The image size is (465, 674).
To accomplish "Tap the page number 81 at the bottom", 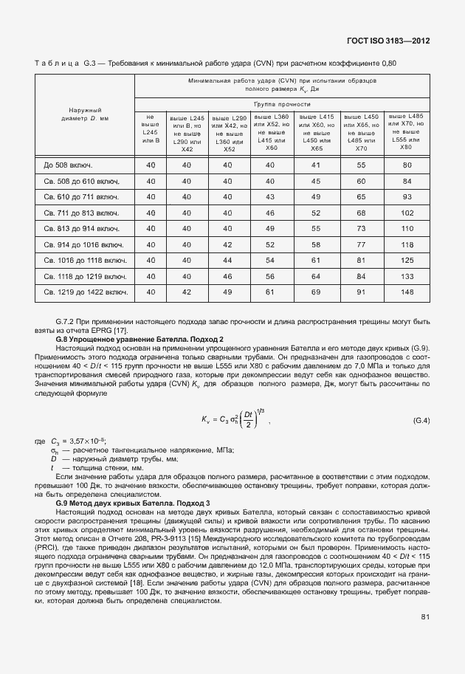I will pos(425,616).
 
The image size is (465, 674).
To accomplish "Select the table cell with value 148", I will pos(406,292).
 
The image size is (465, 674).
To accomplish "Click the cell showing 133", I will pos(406,276).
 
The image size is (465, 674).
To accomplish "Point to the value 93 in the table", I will pos(406,196).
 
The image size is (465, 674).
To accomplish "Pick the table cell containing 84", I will pos(406,180).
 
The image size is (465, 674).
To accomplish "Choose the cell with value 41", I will pos(316,165).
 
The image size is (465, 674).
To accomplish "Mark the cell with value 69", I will pos(316,292).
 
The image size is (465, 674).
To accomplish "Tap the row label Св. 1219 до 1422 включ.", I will pos(83,292).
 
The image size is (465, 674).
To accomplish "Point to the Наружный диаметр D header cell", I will pos(85,114).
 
